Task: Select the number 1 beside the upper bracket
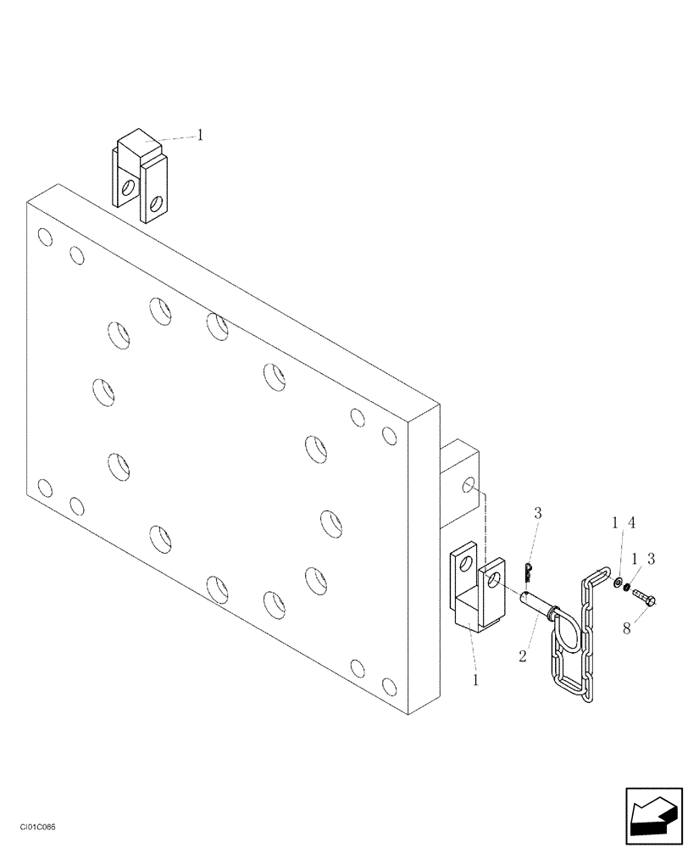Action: point(200,134)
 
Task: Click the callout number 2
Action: point(523,656)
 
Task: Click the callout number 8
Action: point(628,628)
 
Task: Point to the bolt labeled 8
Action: point(644,599)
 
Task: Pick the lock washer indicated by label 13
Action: point(628,588)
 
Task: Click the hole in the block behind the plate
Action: point(468,486)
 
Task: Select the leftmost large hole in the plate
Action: point(101,392)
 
